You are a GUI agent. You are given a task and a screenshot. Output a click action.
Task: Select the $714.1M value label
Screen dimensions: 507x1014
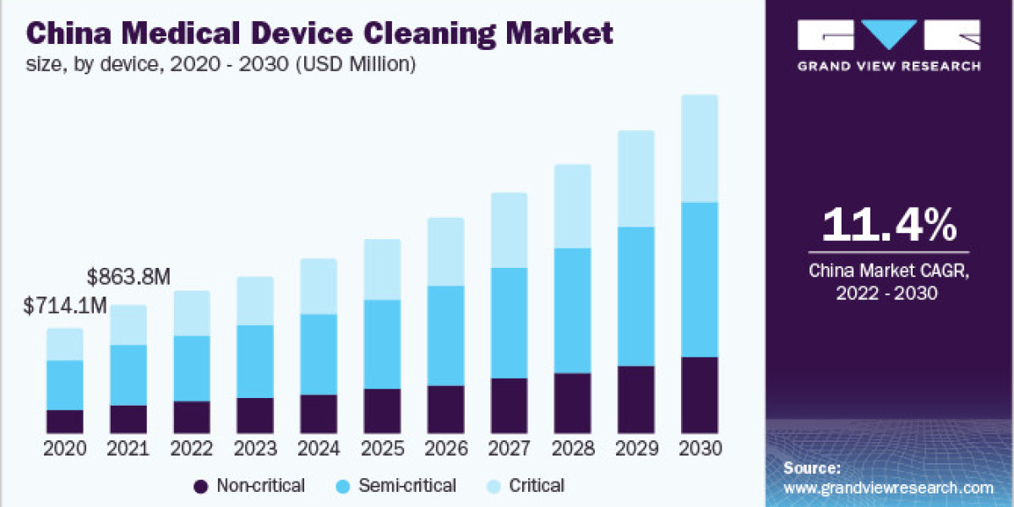[x=66, y=306]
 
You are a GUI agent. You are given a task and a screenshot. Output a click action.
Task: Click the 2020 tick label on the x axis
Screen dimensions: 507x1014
[x=65, y=449]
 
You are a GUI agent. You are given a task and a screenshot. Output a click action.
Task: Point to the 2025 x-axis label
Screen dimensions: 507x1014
[x=382, y=449]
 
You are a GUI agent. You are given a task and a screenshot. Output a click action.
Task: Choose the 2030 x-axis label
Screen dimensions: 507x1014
[x=699, y=449]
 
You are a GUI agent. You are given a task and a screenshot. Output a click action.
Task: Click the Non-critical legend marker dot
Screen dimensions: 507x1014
[x=200, y=486]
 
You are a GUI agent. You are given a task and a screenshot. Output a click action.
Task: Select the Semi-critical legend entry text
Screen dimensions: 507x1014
[x=408, y=486]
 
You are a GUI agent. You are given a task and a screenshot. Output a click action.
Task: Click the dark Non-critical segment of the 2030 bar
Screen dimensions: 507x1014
[x=699, y=395]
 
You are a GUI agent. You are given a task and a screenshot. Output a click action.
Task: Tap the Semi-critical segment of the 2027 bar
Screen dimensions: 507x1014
[x=509, y=323]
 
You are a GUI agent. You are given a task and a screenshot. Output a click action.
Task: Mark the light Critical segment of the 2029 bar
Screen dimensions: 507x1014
[x=635, y=178]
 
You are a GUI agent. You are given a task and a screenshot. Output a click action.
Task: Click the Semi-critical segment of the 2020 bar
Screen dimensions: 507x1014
[x=65, y=384]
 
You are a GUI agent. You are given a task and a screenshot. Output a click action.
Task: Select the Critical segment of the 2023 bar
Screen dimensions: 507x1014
[x=255, y=301]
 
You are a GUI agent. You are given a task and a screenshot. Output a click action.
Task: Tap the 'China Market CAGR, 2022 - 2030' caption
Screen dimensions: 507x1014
[x=889, y=281]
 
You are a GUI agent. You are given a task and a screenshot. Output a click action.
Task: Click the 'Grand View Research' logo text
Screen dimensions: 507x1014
[x=889, y=66]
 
